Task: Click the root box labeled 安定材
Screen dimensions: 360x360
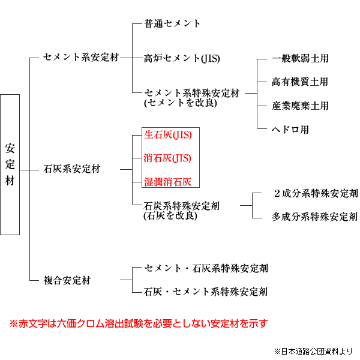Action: (10, 164)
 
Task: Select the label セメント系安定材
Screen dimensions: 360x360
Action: (81, 58)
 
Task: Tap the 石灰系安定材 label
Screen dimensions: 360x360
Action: (72, 169)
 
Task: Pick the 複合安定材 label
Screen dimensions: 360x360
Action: (67, 280)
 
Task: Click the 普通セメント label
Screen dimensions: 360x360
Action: (172, 23)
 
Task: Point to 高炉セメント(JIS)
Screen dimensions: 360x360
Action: (182, 58)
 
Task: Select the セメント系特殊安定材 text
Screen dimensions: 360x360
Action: (192, 93)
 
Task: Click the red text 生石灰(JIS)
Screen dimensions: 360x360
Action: (168, 135)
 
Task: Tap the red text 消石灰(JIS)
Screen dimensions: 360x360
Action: (167, 158)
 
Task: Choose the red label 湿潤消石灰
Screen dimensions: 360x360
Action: (168, 182)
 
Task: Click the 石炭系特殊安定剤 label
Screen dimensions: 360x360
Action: (182, 206)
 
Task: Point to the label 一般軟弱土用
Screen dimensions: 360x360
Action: (300, 58)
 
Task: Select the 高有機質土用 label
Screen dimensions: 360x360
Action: (300, 82)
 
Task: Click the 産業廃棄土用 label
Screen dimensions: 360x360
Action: (301, 106)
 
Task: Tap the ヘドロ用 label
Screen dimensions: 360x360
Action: (290, 130)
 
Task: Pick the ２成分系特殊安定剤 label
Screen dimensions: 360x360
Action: (316, 193)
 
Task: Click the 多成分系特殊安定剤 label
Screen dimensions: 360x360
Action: (315, 217)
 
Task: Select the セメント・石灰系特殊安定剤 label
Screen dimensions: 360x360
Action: (206, 268)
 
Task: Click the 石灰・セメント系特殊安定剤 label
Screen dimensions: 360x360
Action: (206, 292)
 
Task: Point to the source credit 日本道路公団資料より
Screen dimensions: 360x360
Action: (317, 351)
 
